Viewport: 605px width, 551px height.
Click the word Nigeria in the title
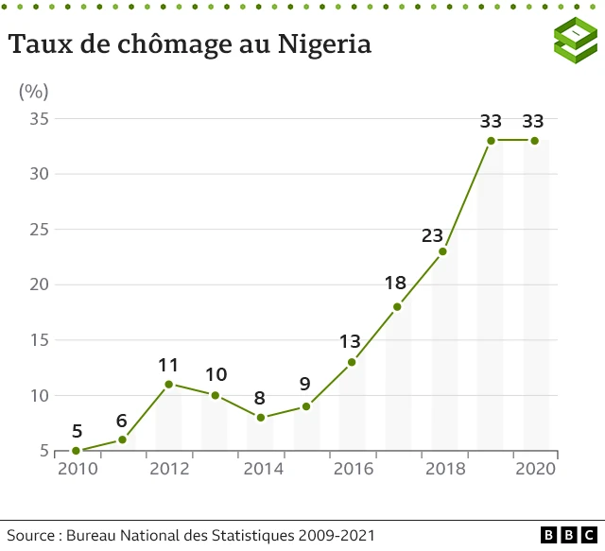323,44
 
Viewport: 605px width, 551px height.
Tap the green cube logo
576,40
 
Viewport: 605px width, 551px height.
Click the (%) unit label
34,92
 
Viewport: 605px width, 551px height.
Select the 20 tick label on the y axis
38,284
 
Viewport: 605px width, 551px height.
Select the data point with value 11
168,385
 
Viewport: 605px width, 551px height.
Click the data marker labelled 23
442,251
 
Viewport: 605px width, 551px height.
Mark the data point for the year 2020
534,141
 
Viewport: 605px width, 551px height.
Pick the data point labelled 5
77,451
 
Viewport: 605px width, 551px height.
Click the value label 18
395,283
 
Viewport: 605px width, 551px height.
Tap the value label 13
350,341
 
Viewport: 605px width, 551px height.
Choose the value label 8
260,398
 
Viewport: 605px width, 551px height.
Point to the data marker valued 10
215,395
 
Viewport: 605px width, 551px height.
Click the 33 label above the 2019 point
490,121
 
